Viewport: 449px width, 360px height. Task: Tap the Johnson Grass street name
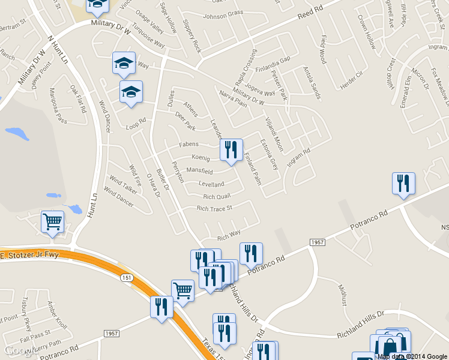(223, 13)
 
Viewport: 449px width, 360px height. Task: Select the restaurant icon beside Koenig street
(231, 151)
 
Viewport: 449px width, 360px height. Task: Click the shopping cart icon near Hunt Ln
(52, 221)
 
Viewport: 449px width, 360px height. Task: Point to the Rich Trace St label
(214, 208)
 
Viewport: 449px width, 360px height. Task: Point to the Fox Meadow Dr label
(439, 86)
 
